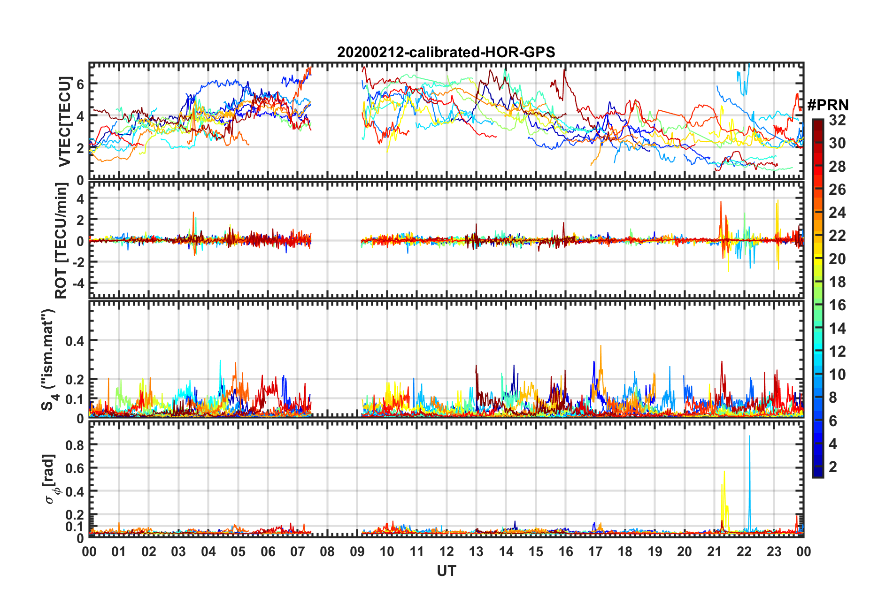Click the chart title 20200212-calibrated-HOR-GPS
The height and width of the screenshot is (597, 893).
[446, 52]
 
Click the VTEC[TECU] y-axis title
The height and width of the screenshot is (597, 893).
[64, 122]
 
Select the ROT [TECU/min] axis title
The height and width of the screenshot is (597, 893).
[61, 241]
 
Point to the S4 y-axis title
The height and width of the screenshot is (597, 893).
[48, 360]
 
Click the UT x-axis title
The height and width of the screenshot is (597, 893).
[446, 571]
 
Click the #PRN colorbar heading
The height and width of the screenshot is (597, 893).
[828, 105]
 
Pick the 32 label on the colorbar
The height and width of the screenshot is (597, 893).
[837, 120]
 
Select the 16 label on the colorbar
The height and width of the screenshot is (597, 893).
[837, 305]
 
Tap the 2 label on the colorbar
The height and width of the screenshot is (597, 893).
[833, 467]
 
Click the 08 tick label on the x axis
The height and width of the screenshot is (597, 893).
[327, 551]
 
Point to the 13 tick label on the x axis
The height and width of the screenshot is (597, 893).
[476, 551]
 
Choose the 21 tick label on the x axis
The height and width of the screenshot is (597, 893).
[714, 551]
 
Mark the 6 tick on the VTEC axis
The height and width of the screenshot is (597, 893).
[80, 84]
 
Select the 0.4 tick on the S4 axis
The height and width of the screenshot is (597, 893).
[75, 341]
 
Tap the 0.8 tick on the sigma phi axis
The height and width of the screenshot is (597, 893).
[75, 445]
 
